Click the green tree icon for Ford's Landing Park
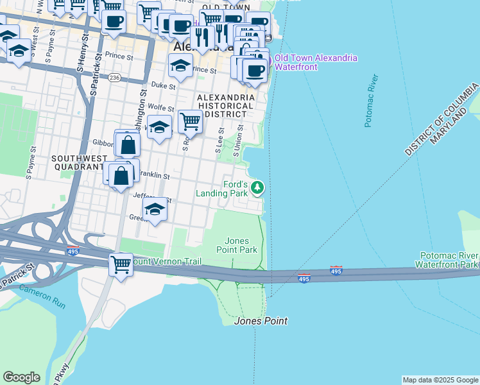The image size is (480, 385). tap(257, 187)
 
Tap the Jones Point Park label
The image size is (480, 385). tap(237, 245)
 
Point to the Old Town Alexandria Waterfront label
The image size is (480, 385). tap(316, 63)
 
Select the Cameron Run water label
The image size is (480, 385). tap(42, 296)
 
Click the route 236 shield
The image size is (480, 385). tap(114, 77)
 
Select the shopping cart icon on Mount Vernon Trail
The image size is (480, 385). tap(121, 263)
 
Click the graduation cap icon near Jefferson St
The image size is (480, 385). tap(154, 209)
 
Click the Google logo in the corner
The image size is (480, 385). tap(21, 377)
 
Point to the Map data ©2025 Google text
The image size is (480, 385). tap(440, 380)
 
